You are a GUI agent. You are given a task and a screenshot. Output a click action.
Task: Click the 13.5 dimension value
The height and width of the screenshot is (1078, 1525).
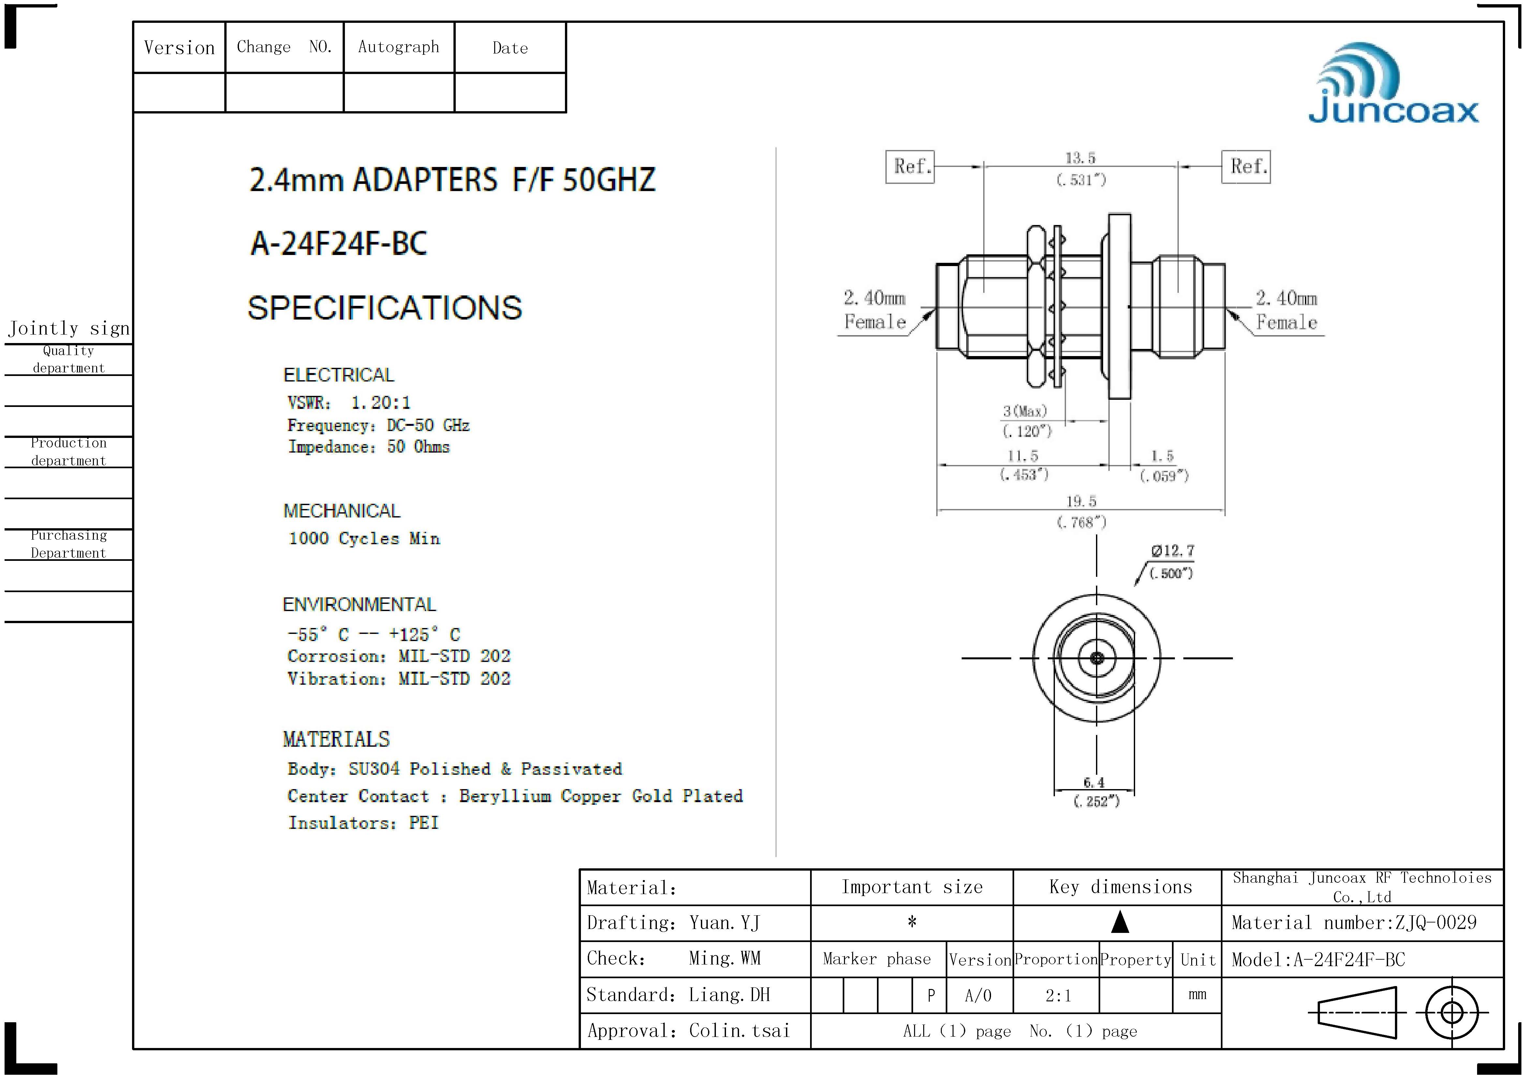click(x=1081, y=158)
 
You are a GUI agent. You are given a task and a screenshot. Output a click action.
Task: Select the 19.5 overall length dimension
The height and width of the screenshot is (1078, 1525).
click(x=1081, y=502)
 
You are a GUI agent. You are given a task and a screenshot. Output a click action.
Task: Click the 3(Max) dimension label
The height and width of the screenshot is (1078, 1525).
click(x=1025, y=411)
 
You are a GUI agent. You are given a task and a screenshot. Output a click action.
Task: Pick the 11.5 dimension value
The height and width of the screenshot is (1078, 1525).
click(x=1023, y=456)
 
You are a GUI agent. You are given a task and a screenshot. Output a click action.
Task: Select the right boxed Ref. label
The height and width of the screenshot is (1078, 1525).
click(x=1246, y=167)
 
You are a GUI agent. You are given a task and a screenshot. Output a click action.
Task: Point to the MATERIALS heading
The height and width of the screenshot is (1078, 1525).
click(x=336, y=739)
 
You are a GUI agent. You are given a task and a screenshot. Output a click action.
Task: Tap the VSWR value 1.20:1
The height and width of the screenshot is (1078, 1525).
click(x=380, y=402)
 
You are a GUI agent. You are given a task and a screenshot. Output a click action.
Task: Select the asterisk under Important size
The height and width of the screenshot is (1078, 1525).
click(x=912, y=922)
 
